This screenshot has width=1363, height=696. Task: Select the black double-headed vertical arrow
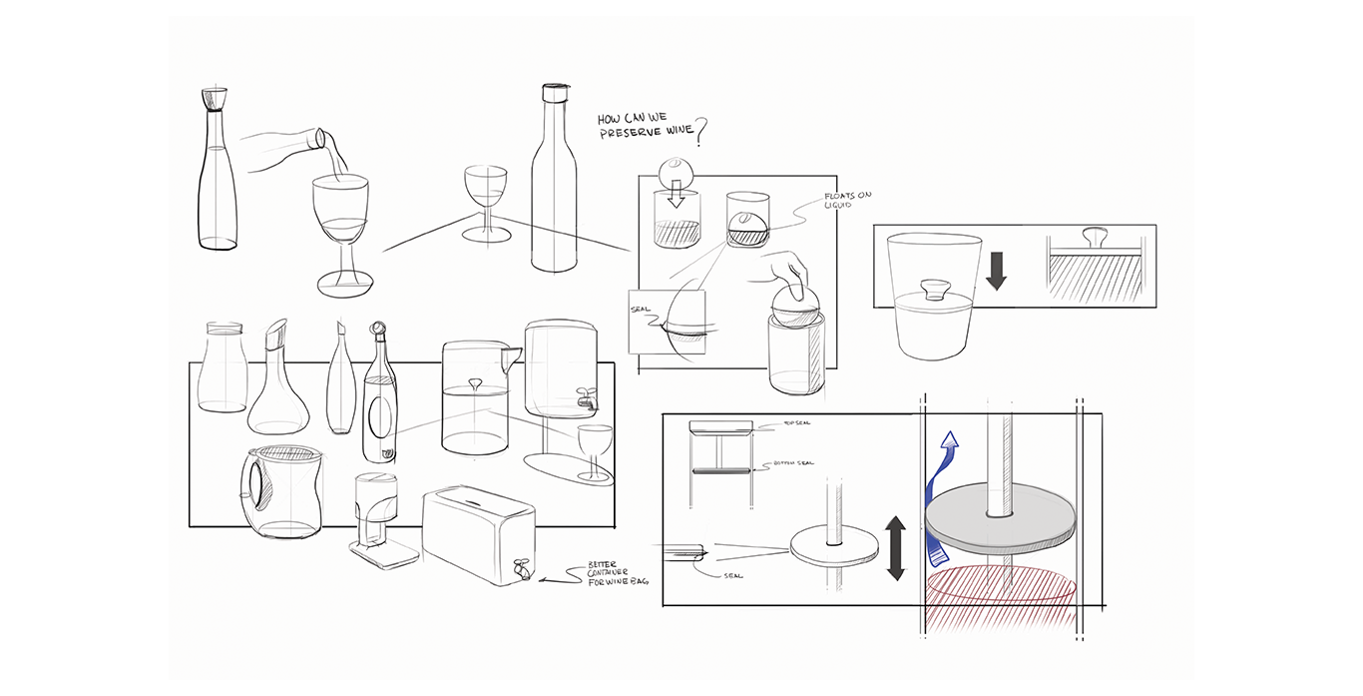point(895,548)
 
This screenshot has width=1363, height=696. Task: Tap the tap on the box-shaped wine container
point(520,568)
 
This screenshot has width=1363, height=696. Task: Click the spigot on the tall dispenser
point(587,402)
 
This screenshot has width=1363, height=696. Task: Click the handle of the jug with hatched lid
point(251,486)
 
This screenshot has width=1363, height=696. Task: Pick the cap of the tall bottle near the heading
point(553,95)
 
